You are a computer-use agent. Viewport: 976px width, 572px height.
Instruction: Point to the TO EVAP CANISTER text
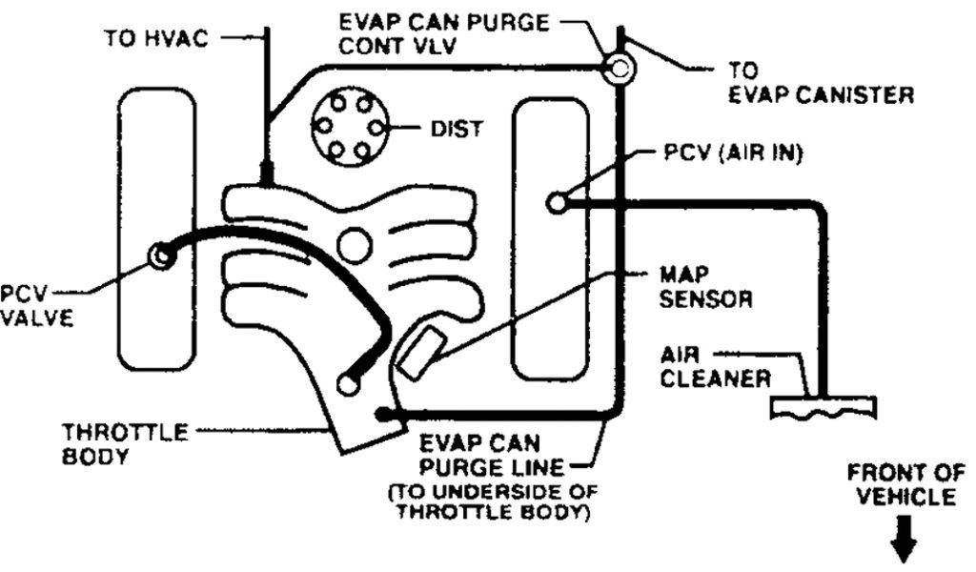click(821, 83)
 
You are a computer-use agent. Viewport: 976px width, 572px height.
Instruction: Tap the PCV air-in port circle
click(559, 202)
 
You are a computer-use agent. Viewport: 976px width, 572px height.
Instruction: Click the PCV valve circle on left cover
click(160, 255)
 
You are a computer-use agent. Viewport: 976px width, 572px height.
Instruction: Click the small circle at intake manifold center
click(356, 246)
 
